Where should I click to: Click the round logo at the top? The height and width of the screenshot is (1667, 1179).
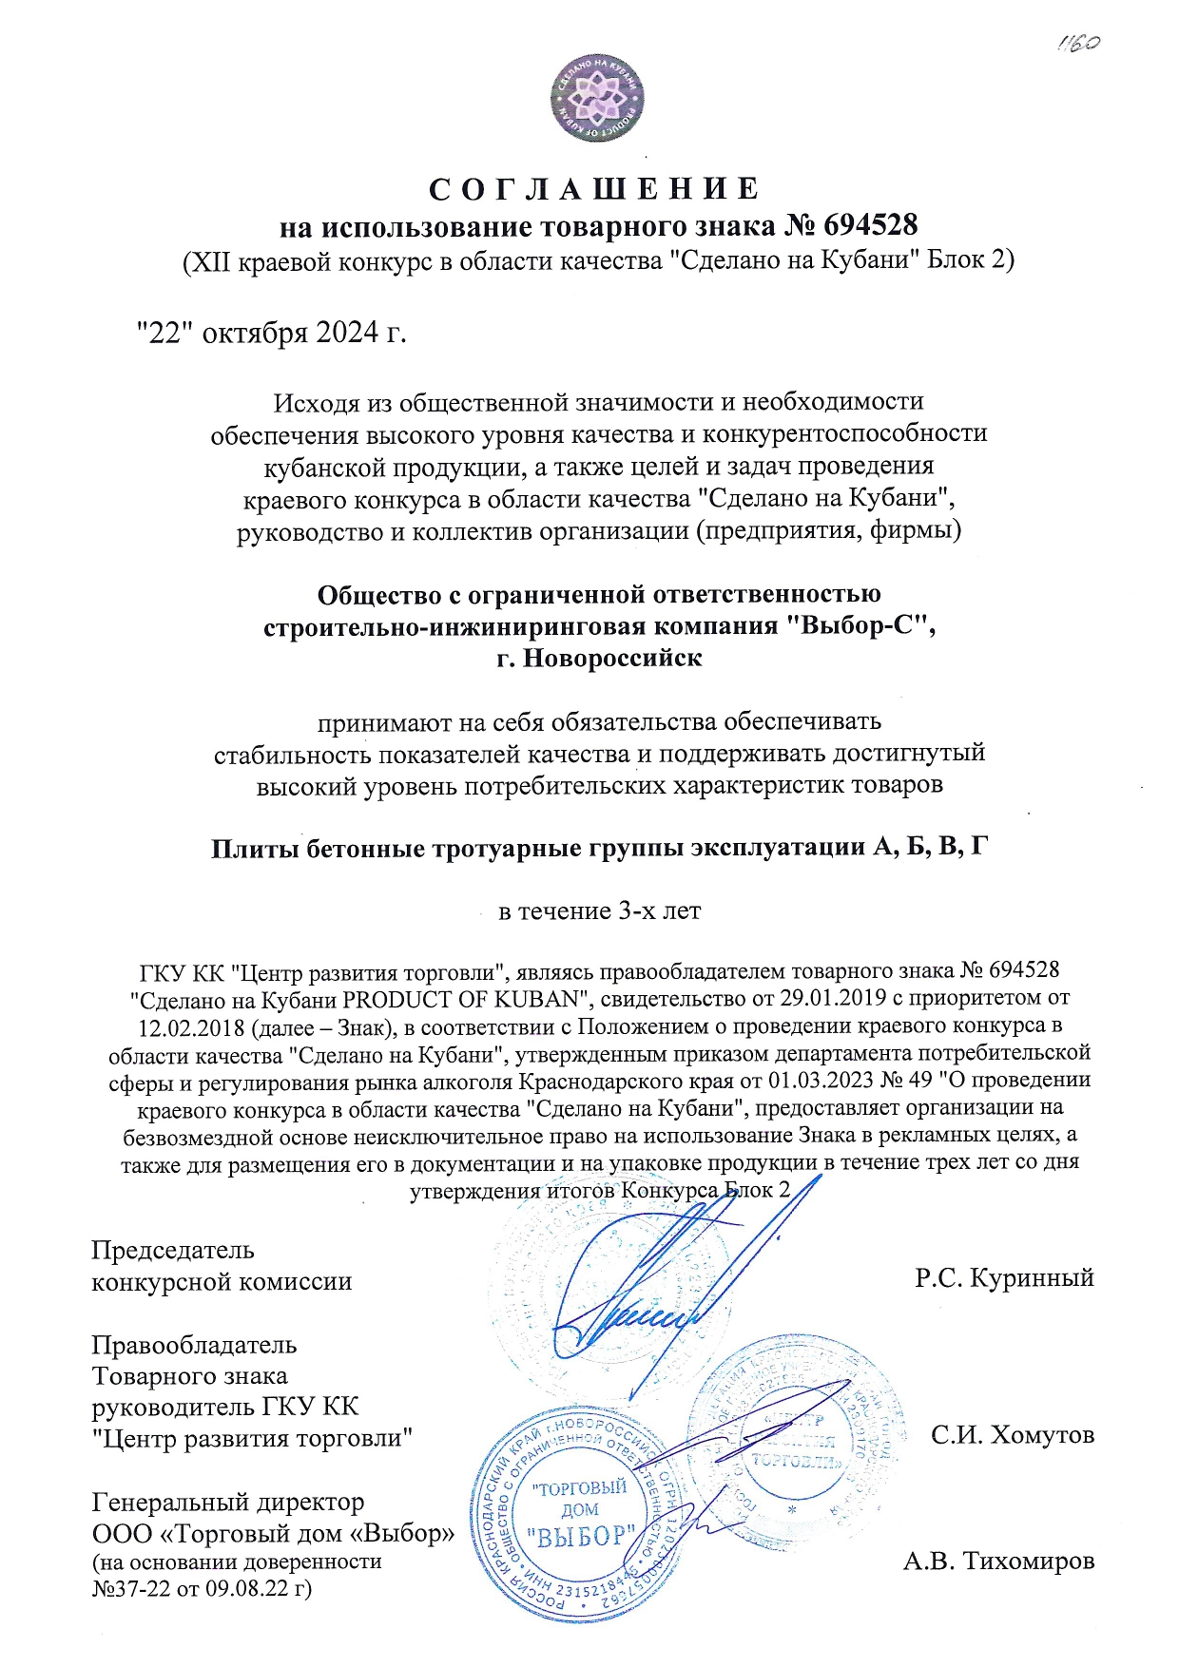pyautogui.click(x=597, y=97)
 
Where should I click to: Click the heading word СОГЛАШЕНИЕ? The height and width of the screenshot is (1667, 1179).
pyautogui.click(x=594, y=189)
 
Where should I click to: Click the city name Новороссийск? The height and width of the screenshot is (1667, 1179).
pyautogui.click(x=613, y=658)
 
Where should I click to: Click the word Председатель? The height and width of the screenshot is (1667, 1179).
pyautogui.click(x=173, y=1250)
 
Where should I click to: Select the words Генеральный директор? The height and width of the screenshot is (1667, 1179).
pyautogui.click(x=228, y=1503)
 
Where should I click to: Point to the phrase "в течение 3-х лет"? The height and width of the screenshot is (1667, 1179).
pyautogui.click(x=600, y=911)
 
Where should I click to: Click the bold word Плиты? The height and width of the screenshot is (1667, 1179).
pyautogui.click(x=251, y=848)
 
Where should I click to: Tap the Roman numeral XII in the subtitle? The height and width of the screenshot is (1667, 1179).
pyautogui.click(x=207, y=260)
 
